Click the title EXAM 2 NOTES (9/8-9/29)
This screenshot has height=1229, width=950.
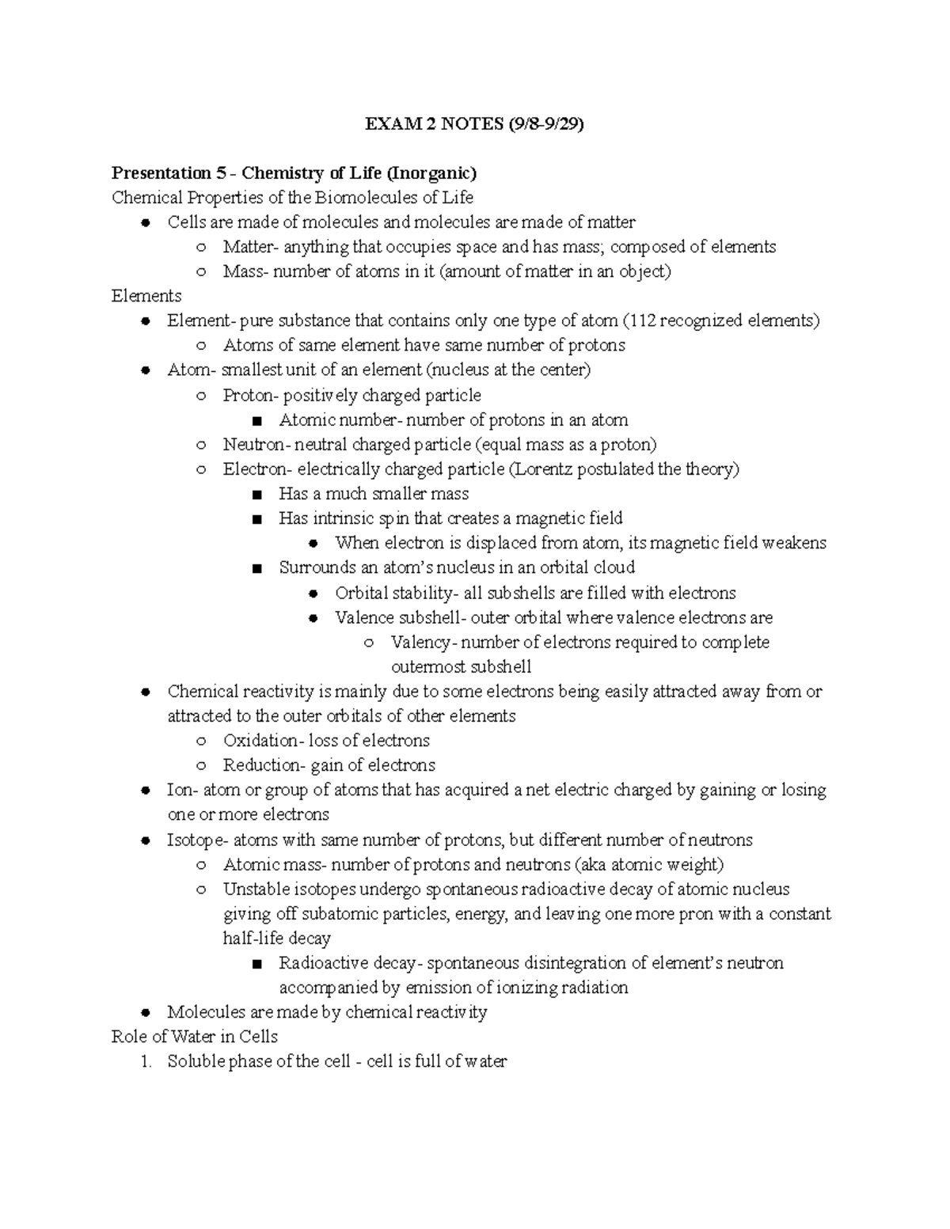coord(474,123)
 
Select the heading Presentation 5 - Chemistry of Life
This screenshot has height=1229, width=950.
coord(294,173)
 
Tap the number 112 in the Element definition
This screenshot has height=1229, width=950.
coord(642,321)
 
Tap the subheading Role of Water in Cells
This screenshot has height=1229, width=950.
coord(195,1037)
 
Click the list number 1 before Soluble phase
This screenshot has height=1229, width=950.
coord(145,1062)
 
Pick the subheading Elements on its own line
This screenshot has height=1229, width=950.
coord(146,296)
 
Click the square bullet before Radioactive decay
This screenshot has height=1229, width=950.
coord(256,964)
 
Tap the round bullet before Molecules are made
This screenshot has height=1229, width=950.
coord(146,1013)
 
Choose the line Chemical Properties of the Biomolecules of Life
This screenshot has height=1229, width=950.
coord(292,197)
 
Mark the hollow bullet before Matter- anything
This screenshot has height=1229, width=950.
coord(202,247)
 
